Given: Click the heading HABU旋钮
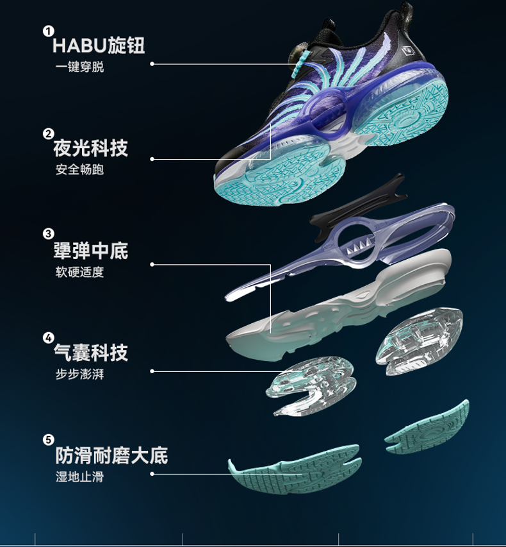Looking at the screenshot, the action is pos(99,46).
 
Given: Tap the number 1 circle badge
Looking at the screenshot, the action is pos(48,31).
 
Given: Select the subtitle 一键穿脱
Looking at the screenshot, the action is pos(79,67).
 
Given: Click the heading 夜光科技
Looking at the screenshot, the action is pos(91,148).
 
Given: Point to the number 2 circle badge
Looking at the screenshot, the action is pos(48,133).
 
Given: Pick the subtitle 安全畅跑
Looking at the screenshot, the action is pos(79,170).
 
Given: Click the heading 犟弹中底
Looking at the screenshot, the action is pos(91,250).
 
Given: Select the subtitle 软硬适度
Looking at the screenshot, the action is pos(79,272).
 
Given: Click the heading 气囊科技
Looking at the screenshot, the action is pos(91,352).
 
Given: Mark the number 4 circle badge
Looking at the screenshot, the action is pos(48,337).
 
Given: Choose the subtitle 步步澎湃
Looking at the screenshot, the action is pos(79,374).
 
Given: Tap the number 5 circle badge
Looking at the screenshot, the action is pos(48,440).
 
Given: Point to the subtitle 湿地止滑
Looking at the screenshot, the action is pos(79,477).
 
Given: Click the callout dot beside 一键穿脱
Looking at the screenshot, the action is pos(152,63).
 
